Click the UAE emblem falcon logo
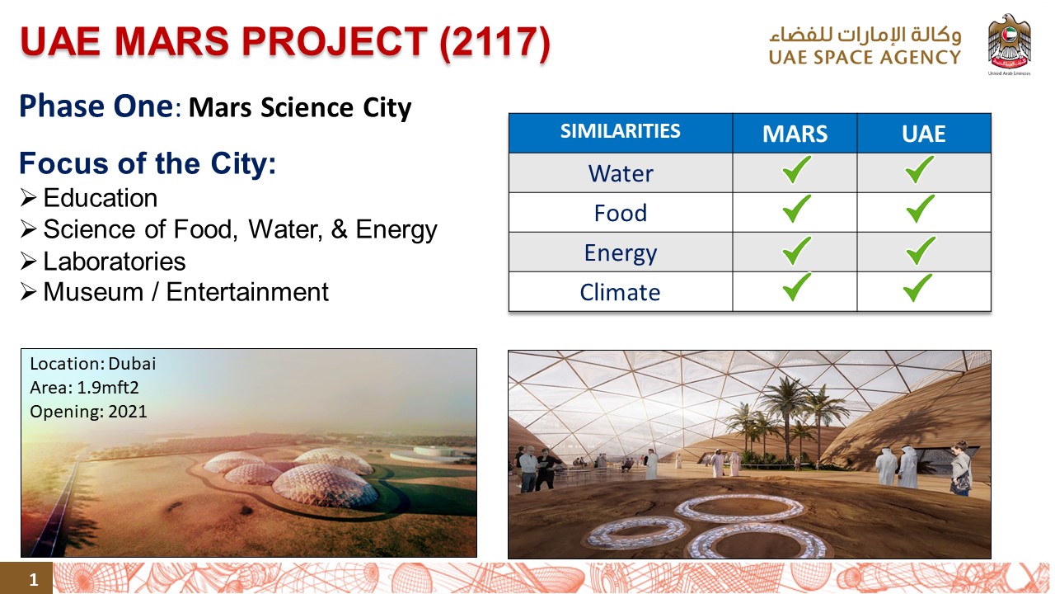click(x=1009, y=42)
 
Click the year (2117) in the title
click(x=495, y=42)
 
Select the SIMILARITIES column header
click(x=621, y=131)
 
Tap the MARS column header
click(x=795, y=134)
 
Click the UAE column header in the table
click(x=924, y=134)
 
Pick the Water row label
click(x=621, y=173)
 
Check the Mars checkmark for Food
click(x=796, y=209)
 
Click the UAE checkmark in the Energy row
click(x=921, y=250)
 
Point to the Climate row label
click(x=620, y=292)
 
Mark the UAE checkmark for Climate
click(x=917, y=288)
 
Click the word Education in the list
click(x=101, y=198)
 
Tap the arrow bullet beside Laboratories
click(x=28, y=262)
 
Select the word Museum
click(x=93, y=292)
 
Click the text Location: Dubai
click(x=93, y=364)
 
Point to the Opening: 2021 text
click(x=88, y=412)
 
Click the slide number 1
click(x=34, y=579)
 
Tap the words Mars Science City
click(x=300, y=107)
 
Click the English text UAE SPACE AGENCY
click(x=865, y=58)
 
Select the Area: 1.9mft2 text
click(x=84, y=388)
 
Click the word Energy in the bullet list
click(x=396, y=230)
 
